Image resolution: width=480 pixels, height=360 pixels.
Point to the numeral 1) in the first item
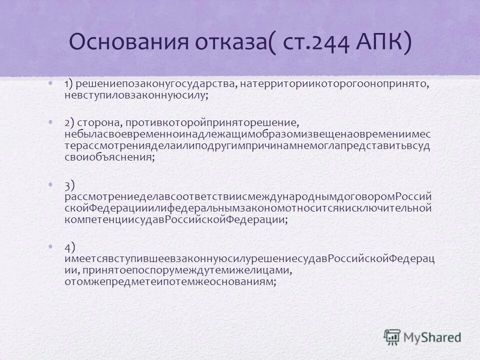tap(69, 84)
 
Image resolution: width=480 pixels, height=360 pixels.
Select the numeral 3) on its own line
tap(69, 185)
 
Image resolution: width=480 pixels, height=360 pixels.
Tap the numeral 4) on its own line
tap(69, 247)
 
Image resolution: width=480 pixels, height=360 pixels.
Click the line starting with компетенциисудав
tap(175, 219)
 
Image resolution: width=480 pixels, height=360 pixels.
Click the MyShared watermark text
tap(432, 336)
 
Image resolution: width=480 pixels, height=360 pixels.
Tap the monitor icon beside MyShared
tap(392, 336)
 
